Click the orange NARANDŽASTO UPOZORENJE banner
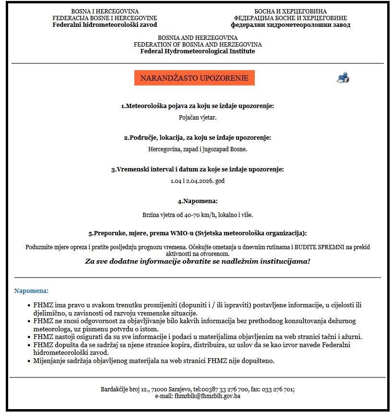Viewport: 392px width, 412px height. point(194,78)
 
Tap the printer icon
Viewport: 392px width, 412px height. point(343,78)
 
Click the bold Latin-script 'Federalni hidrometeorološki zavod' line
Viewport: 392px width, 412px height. point(105,24)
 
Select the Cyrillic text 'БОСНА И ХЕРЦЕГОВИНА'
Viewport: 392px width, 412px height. point(290,11)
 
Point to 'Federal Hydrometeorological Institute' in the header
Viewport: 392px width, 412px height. point(198,51)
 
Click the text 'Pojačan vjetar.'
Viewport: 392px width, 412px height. point(198,117)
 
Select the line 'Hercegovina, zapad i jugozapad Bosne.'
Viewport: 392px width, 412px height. point(198,149)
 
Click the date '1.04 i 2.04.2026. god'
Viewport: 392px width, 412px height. point(198,181)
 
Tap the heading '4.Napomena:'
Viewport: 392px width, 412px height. point(198,201)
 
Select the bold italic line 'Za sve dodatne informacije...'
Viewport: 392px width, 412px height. point(198,261)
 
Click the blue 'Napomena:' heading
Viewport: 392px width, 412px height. point(32,291)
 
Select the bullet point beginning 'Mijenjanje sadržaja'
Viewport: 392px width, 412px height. point(154,361)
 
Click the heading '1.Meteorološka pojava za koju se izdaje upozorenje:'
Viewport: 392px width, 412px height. point(198,106)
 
